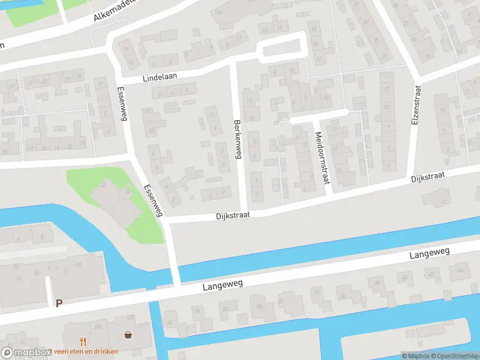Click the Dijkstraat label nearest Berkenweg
[232, 214]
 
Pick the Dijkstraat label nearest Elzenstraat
[427, 178]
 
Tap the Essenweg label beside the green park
[154, 200]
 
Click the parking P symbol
[59, 304]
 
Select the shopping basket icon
[128, 334]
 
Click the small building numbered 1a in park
[127, 191]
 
